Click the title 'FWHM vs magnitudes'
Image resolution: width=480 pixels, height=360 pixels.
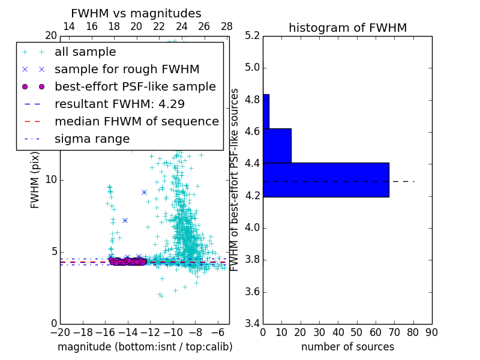(136, 14)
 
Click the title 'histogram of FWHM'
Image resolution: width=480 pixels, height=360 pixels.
(347, 28)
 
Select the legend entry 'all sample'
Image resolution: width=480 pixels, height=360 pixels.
(85, 52)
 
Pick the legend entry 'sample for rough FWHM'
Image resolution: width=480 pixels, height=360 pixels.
(127, 70)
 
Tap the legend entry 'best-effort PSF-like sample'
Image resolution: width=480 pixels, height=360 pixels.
(135, 87)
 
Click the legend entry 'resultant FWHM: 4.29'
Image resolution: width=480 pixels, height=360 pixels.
(119, 104)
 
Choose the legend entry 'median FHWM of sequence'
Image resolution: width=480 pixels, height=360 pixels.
(136, 122)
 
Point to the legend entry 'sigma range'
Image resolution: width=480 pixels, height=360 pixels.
(92, 139)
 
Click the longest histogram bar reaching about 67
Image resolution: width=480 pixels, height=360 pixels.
(326, 179)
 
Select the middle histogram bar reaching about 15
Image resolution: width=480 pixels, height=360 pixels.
(277, 145)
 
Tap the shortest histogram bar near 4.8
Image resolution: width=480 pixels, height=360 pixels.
(266, 111)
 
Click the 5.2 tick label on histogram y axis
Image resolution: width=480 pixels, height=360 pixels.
(251, 35)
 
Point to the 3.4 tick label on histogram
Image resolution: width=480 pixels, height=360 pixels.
(251, 324)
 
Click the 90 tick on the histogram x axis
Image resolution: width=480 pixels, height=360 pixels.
(431, 332)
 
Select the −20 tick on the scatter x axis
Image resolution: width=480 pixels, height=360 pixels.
(60, 332)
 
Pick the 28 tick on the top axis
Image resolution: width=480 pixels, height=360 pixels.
(226, 26)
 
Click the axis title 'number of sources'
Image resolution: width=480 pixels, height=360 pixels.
(347, 347)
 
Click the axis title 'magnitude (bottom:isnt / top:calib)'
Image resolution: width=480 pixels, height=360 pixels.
(145, 347)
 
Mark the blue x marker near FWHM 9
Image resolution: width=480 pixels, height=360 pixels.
(144, 192)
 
